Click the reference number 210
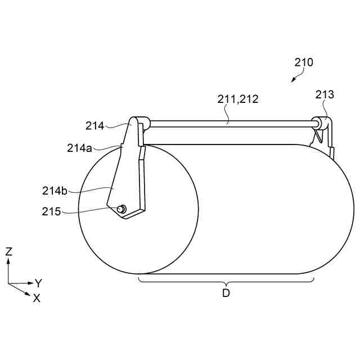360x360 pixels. point(304,62)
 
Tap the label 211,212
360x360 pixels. point(238,99)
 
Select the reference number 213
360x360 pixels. point(325,94)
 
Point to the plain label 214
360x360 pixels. point(95,126)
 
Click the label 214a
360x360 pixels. point(79,148)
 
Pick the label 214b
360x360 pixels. point(55,191)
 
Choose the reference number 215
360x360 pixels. point(51,211)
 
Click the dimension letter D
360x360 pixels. point(226,293)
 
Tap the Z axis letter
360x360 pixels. point(9,251)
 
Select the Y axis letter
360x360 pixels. point(38,283)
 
